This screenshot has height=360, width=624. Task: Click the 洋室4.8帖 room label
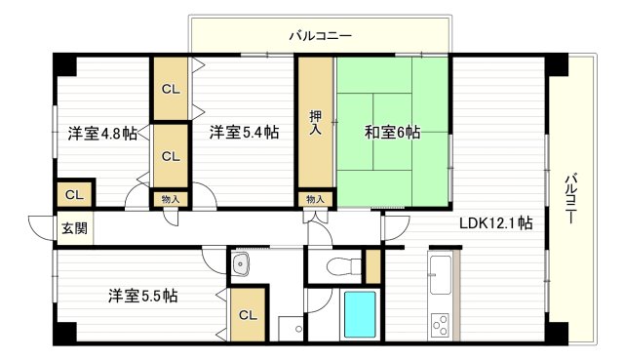102,133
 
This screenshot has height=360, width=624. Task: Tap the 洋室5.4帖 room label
245,132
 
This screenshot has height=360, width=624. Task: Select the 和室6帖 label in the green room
392,133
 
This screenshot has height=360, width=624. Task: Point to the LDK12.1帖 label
496,223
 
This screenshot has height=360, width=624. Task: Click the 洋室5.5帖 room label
143,296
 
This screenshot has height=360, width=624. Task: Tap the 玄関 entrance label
74,228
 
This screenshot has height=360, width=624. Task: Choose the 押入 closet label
316,122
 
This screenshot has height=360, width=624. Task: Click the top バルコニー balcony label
321,36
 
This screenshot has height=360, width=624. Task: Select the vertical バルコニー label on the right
570,198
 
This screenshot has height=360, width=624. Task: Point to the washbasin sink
241,263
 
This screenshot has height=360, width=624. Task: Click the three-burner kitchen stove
440,325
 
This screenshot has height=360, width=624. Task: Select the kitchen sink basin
441,275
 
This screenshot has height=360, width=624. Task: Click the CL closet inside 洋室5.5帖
248,314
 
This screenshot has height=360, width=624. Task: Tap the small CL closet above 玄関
74,195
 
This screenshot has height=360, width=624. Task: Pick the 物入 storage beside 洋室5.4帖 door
171,199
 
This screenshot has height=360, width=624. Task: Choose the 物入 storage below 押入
315,199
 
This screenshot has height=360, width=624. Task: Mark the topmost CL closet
171,89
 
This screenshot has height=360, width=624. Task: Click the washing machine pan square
291,329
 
